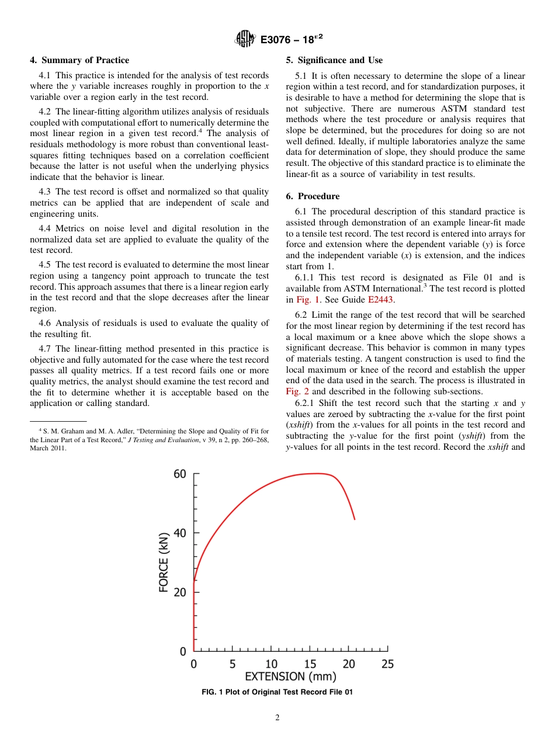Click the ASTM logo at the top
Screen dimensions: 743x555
(245, 39)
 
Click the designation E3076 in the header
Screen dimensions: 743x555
(277, 39)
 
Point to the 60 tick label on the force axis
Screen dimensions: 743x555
(180, 474)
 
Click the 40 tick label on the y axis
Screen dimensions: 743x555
(180, 533)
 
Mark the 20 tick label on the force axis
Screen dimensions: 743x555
(180, 592)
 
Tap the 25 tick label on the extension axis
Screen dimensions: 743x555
(387, 664)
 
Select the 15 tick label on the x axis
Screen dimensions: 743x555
(310, 664)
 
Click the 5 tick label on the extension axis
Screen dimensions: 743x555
(233, 664)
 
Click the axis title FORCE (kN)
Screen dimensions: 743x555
(164, 561)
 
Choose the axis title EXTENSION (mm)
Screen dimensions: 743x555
(290, 677)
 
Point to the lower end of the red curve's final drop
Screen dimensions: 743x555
(354, 518)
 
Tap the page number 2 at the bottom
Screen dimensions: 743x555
(277, 718)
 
